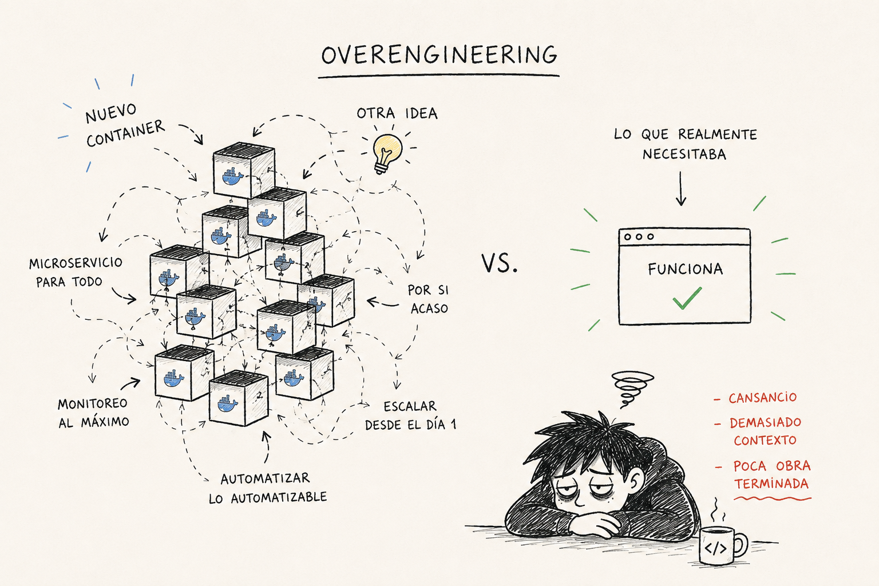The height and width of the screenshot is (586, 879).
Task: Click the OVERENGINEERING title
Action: (x=439, y=54)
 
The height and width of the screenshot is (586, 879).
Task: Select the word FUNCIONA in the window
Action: (x=685, y=270)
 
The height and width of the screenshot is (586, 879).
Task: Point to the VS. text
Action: (x=499, y=263)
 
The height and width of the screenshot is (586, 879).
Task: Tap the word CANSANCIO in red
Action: (x=762, y=398)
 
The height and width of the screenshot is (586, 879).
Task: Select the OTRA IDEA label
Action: (x=397, y=113)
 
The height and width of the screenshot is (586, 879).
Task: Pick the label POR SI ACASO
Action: (x=428, y=299)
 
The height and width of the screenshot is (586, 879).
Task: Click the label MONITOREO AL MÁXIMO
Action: (x=93, y=413)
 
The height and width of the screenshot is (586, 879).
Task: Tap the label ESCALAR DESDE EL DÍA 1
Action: (x=410, y=415)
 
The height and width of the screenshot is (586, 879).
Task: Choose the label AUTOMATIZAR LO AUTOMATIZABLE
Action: (x=268, y=488)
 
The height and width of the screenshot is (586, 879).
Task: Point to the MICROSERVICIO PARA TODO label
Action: (x=76, y=272)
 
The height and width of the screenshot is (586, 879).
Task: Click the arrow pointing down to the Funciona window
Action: (x=681, y=188)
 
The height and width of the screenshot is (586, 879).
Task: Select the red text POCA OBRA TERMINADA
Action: (x=771, y=474)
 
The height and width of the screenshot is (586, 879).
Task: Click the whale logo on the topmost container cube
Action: (x=232, y=176)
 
